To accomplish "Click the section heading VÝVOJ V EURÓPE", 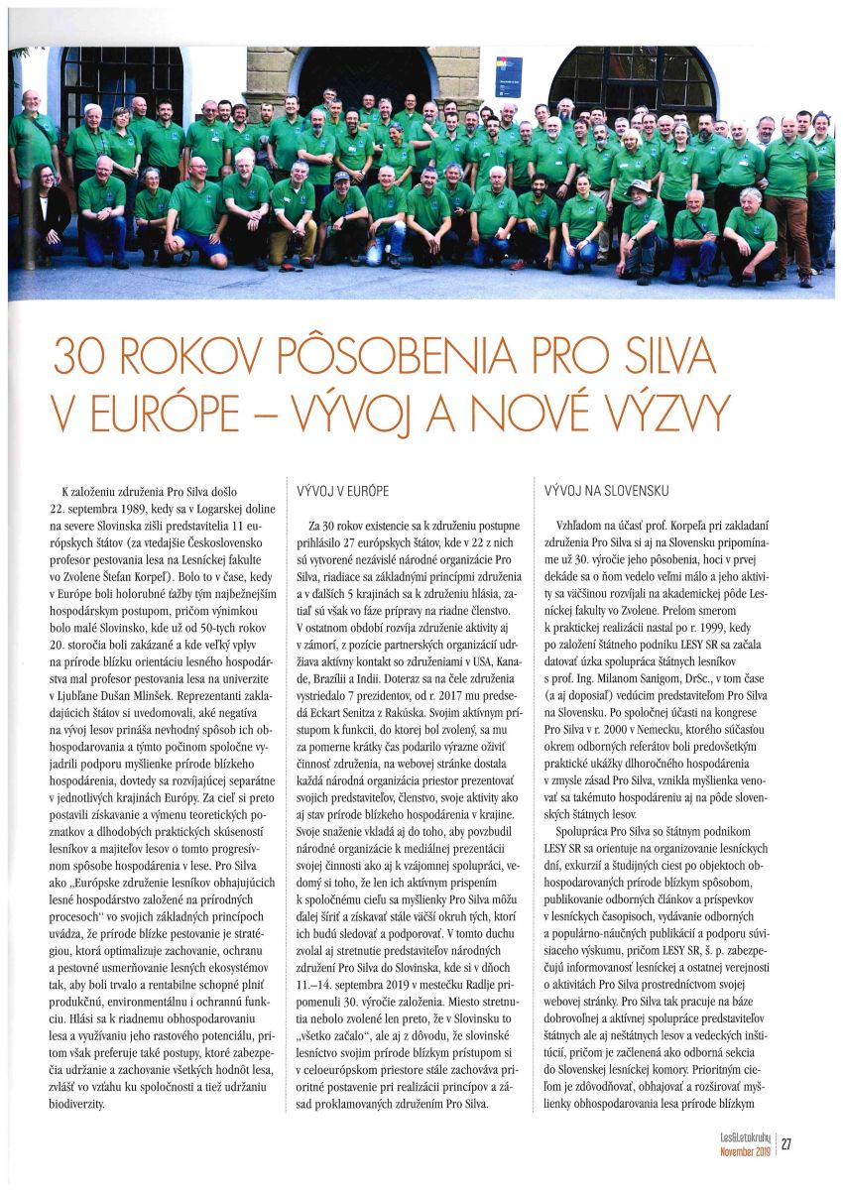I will pos(343,491).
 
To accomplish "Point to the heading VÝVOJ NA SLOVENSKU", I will pos(607,491).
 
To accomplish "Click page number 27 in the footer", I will pos(786,1144).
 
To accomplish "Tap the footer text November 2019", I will pos(746,1151).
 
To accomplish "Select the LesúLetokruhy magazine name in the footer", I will pos(745,1138).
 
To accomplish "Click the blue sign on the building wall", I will pos(508,76).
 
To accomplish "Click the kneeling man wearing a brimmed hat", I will pos(641,224).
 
